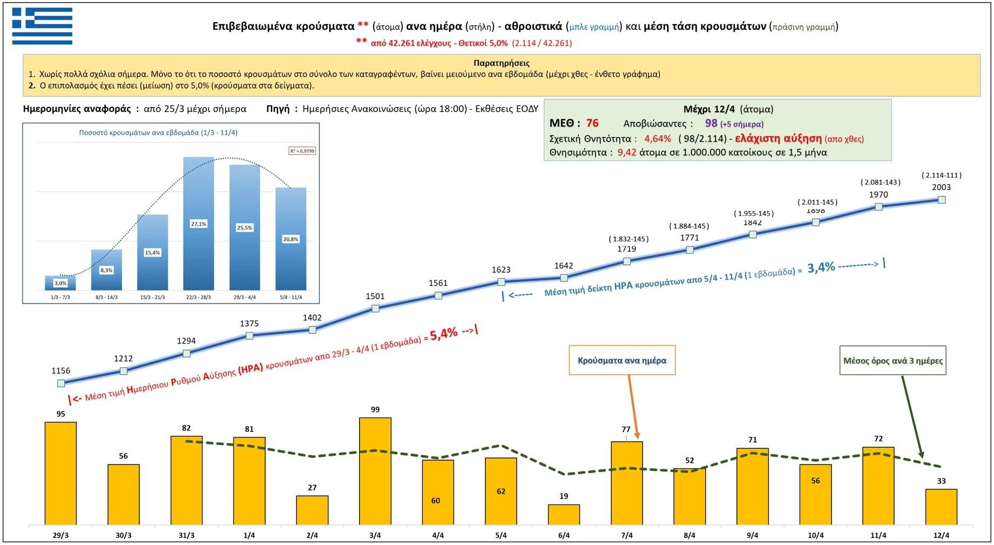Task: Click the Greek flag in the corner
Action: [x=42, y=26]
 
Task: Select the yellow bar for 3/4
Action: [x=375, y=471]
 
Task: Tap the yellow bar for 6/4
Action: [x=564, y=514]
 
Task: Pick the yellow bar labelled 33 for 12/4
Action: [x=941, y=507]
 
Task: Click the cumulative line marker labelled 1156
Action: [x=61, y=383]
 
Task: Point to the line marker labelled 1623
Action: [x=501, y=282]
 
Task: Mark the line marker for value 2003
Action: [x=942, y=200]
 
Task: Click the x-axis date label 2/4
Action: [x=312, y=535]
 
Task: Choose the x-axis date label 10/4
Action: [x=815, y=535]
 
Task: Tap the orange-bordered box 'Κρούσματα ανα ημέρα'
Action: [x=622, y=360]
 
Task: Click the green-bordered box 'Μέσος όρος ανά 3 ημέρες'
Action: [x=893, y=361]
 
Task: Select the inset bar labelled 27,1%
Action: [x=198, y=224]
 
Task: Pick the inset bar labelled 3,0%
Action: [x=60, y=283]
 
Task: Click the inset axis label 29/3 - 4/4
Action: [x=245, y=297]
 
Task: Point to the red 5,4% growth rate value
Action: [x=444, y=333]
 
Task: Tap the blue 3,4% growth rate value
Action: [x=821, y=267]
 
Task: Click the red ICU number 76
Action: [x=592, y=123]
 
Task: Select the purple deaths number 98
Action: [x=711, y=123]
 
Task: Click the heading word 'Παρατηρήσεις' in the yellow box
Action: [x=501, y=63]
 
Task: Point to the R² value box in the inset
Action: [x=302, y=151]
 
